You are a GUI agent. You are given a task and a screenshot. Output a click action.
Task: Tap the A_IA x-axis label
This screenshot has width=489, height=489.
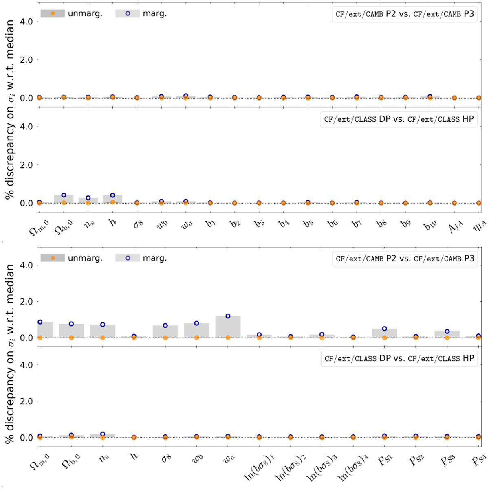click(455, 227)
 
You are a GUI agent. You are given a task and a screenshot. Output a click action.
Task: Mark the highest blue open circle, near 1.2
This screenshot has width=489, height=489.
click(228, 316)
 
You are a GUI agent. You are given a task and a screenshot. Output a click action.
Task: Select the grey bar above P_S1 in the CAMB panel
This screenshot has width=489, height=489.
click(384, 333)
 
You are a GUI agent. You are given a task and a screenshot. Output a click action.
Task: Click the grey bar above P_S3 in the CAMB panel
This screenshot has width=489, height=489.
click(447, 335)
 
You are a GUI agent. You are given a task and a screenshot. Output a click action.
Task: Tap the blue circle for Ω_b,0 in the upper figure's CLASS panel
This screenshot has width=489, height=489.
click(64, 195)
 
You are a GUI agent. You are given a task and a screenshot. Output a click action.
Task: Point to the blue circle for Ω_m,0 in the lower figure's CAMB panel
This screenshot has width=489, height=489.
click(40, 322)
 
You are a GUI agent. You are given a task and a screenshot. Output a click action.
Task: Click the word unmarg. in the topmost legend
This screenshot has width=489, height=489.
click(85, 13)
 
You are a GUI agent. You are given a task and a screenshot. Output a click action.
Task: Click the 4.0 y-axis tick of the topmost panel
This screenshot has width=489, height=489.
click(26, 21)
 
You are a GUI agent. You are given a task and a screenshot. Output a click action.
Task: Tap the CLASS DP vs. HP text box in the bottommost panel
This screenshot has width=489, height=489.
click(399, 359)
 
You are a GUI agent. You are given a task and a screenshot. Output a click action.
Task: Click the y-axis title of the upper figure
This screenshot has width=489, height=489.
click(10, 110)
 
